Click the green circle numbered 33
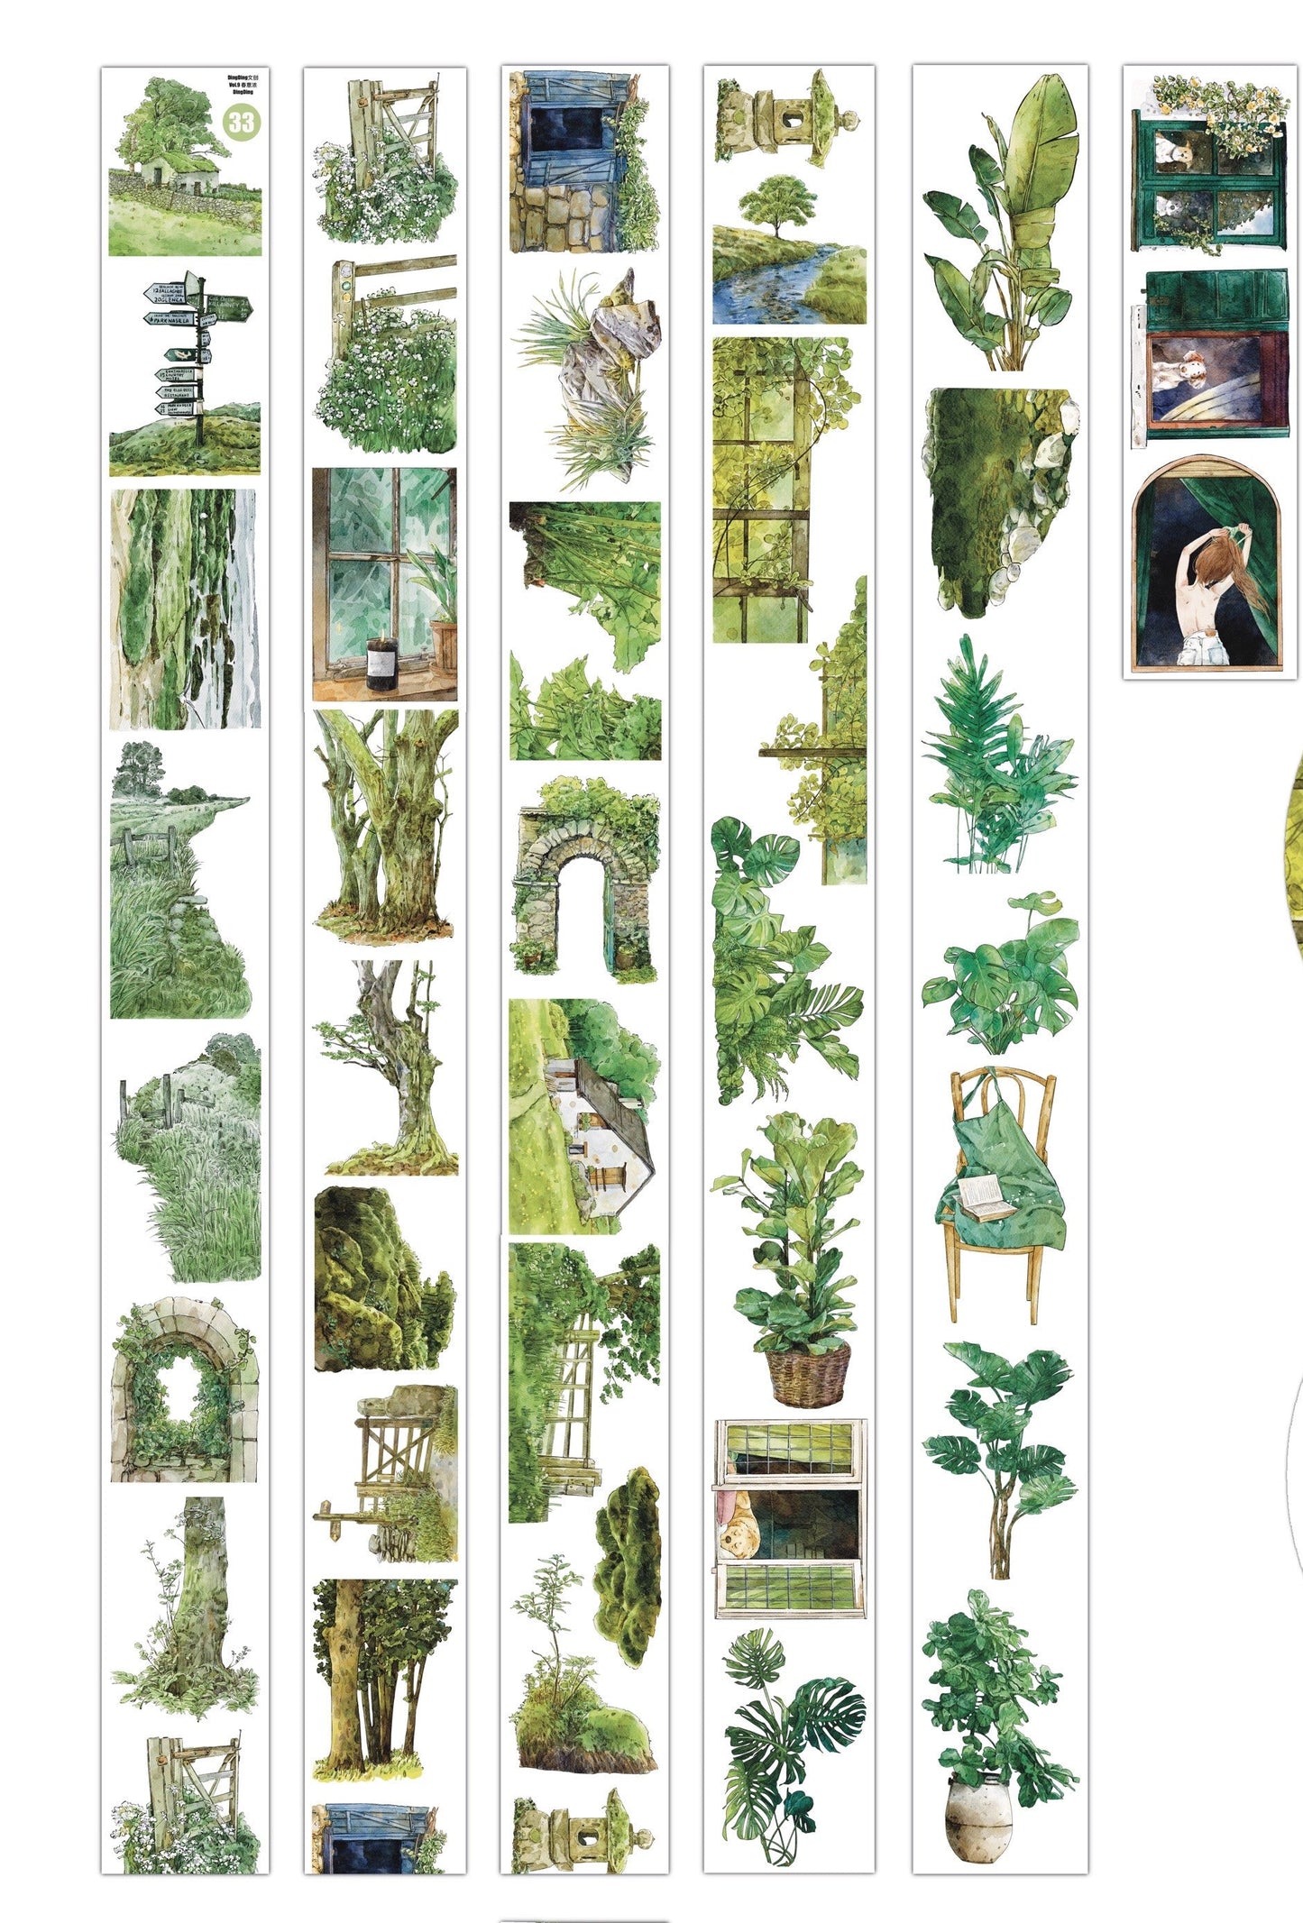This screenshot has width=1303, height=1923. click(241, 122)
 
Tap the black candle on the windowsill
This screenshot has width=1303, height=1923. click(381, 664)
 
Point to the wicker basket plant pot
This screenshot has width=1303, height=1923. click(807, 1374)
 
